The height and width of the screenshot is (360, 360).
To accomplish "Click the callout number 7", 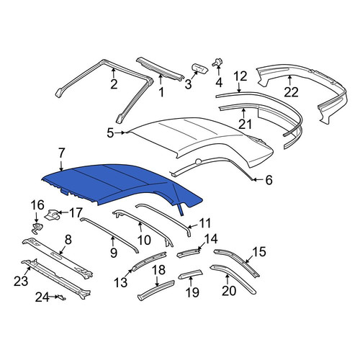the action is coord(61,153).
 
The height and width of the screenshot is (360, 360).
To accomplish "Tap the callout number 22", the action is coord(291,92).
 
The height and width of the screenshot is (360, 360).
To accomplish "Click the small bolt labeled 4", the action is coord(217,63).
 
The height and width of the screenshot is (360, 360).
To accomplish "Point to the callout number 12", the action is coord(240,76).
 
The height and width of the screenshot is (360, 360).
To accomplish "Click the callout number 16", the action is coord(37,204).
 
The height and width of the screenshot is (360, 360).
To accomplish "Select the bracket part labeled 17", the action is coord(53,215).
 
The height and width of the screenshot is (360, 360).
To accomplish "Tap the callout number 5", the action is coord(110,133).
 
